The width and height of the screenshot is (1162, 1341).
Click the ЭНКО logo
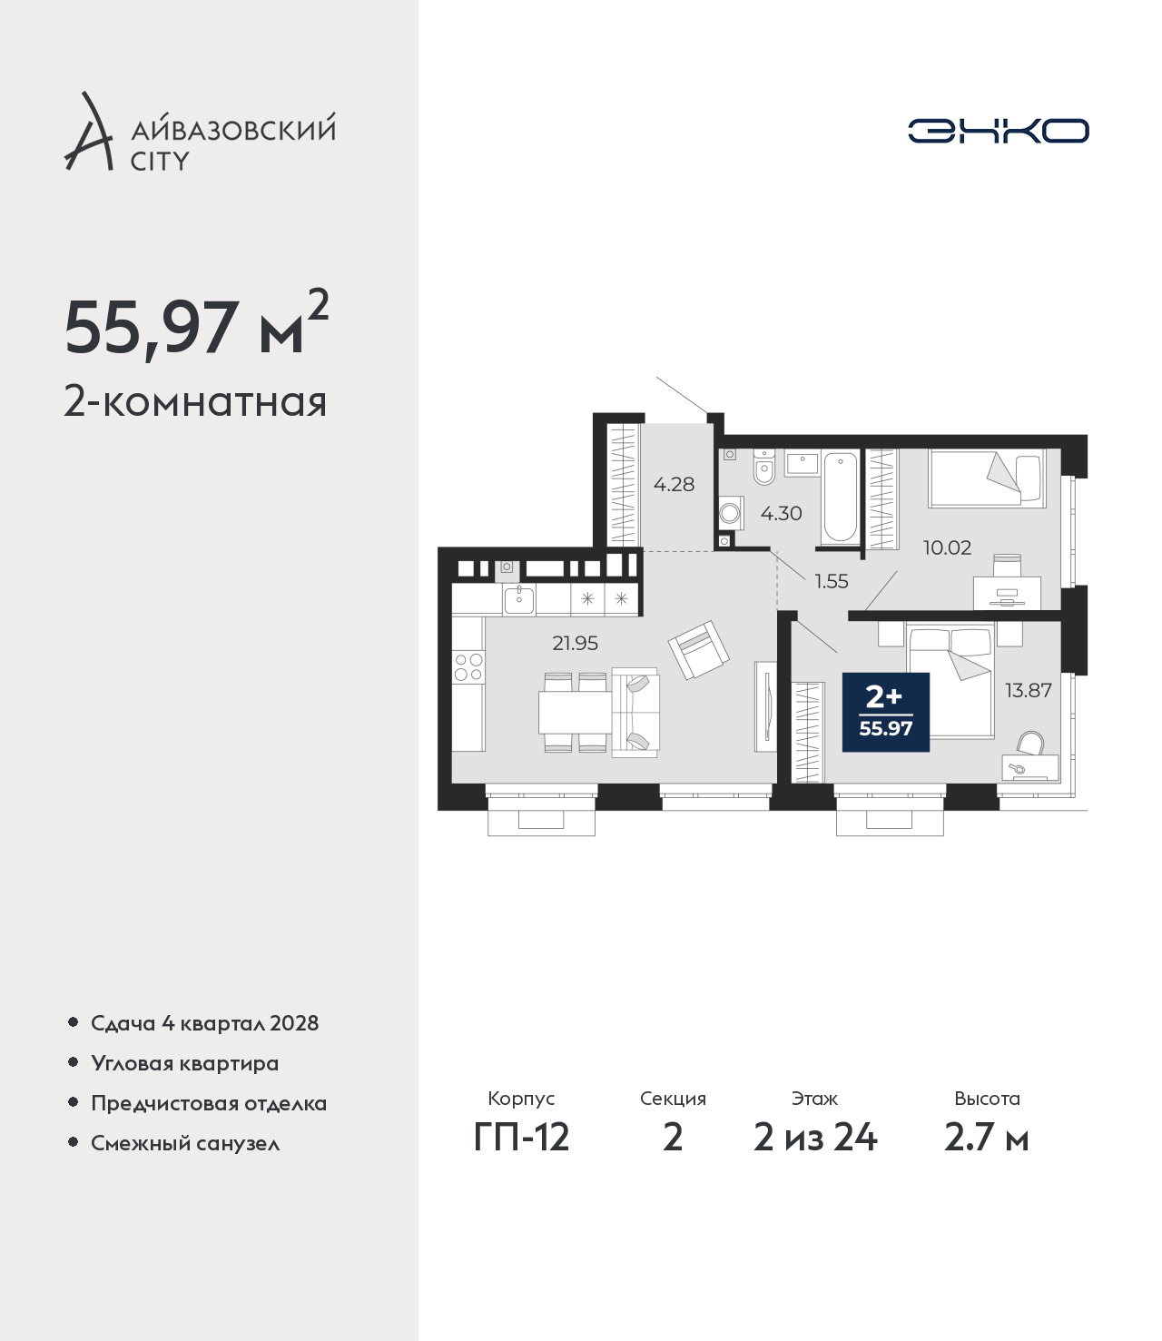998,131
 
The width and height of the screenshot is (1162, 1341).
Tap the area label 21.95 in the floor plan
575,643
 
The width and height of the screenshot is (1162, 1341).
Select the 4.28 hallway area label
674,484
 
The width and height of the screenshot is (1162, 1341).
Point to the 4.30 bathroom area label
781,513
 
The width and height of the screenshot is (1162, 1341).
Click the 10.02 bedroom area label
947,547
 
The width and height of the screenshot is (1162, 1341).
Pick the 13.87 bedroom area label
1029,690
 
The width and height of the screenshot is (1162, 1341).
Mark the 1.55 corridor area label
832,581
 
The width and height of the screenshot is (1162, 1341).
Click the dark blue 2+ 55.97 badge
886,712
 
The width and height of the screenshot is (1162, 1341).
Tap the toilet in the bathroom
765,467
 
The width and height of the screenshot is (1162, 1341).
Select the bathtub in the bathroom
841,498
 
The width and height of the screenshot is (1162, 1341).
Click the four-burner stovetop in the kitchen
468,667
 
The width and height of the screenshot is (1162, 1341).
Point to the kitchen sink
519,600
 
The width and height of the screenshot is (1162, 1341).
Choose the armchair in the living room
699,649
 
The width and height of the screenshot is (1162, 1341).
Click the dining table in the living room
575,713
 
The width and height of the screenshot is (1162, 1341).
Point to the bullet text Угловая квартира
185,1063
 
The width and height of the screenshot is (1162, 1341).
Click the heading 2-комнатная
195,402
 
